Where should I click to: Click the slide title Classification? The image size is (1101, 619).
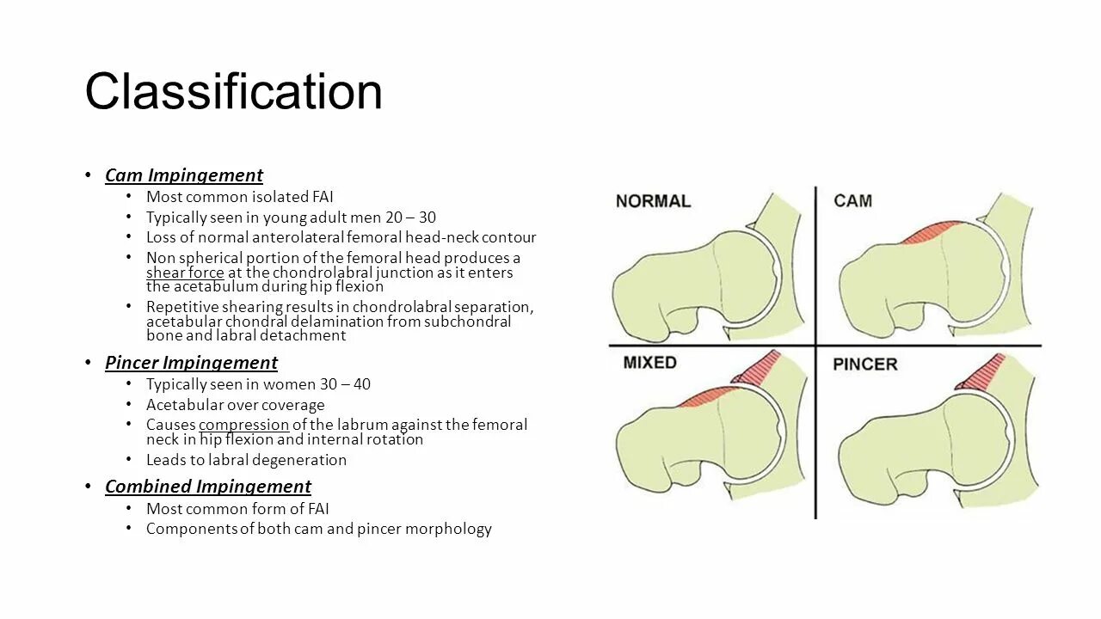tap(233, 91)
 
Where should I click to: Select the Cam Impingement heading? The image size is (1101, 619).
tap(183, 175)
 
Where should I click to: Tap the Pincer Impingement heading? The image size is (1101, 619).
tap(191, 363)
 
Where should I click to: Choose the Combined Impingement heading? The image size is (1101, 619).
tap(207, 487)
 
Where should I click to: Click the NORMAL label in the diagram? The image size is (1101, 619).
tap(653, 201)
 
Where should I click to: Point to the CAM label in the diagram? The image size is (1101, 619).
tap(852, 201)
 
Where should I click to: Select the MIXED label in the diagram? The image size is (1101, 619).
tap(649, 363)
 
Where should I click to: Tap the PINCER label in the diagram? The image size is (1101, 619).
tap(864, 365)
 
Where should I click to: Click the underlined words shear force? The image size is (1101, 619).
tap(185, 273)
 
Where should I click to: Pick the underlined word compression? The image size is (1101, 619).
tap(243, 425)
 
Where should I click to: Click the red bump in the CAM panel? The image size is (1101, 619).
tap(933, 231)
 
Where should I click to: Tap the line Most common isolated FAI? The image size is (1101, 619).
tap(239, 197)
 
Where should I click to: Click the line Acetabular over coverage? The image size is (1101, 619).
tap(235, 405)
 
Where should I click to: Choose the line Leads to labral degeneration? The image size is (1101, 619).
tap(246, 460)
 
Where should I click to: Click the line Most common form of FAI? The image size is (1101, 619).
tap(237, 508)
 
